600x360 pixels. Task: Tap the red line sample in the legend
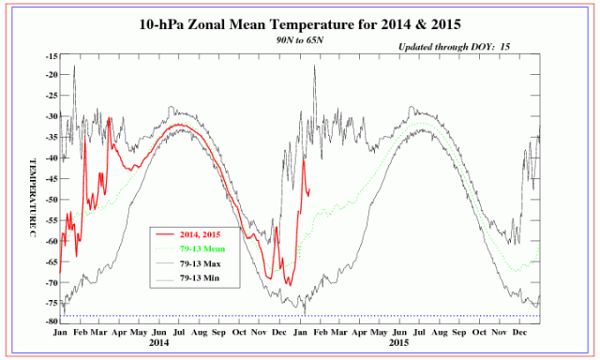166,235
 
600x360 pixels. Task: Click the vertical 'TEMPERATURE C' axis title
30,188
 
